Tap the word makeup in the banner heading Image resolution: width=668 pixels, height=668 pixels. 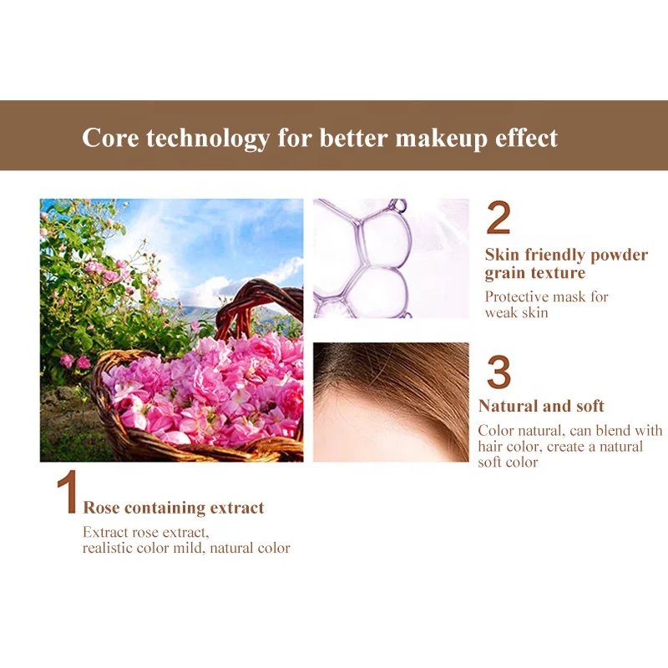click(x=447, y=137)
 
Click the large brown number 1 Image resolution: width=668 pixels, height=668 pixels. click(x=66, y=494)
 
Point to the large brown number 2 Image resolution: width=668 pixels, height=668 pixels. click(x=498, y=219)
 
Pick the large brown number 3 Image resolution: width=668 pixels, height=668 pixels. click(x=498, y=372)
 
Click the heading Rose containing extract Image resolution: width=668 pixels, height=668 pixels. click(x=174, y=508)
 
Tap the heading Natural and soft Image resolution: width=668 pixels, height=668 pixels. click(x=541, y=407)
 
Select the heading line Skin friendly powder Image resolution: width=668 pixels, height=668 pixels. click(x=566, y=255)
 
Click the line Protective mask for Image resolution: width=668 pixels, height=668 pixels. click(x=547, y=296)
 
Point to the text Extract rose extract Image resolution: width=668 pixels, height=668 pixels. click(x=145, y=532)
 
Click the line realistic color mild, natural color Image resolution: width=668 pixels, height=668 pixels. click(x=186, y=548)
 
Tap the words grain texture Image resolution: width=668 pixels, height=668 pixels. click(x=535, y=273)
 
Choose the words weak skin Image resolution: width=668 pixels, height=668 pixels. click(x=519, y=312)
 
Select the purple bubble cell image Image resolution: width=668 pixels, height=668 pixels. click(x=391, y=258)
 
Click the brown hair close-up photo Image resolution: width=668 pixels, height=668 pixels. click(x=391, y=402)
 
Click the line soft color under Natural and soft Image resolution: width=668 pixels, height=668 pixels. click(x=508, y=462)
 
